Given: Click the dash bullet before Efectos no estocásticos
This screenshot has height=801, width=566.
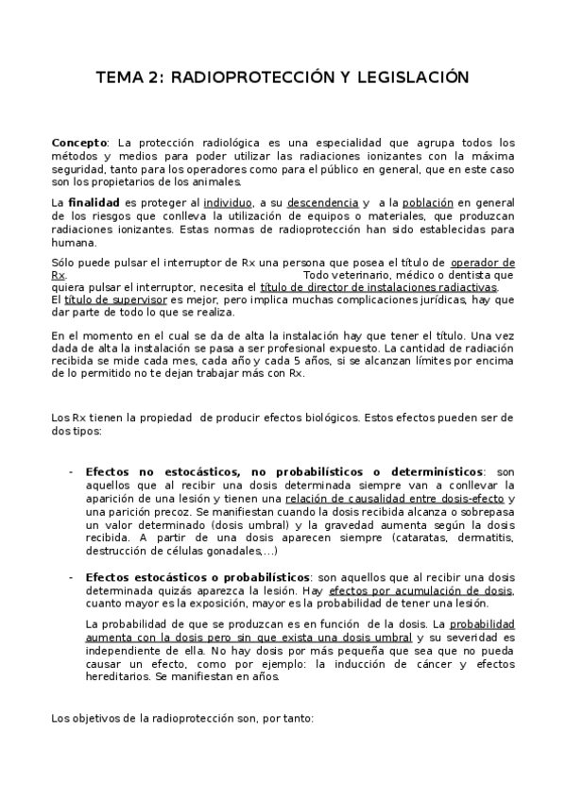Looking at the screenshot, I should point(72,470).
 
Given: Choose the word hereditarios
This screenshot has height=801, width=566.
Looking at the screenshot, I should point(118,676).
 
